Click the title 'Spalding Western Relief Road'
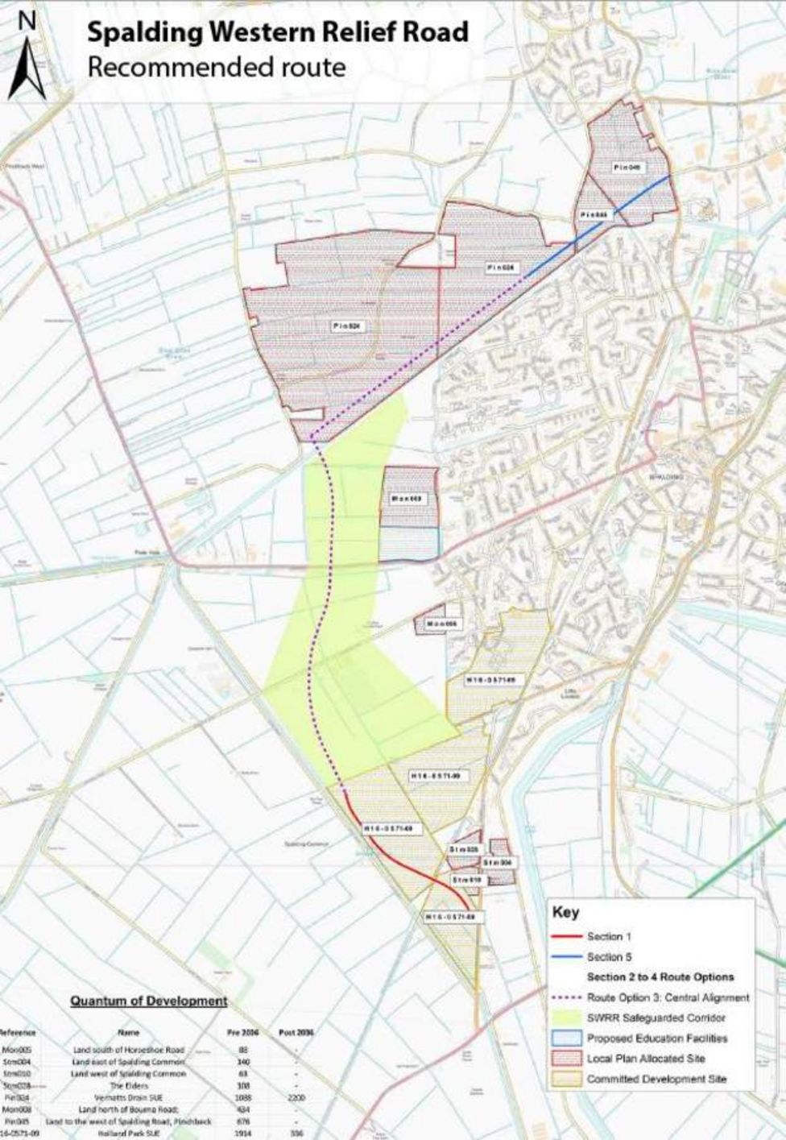coord(278,32)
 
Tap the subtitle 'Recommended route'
coord(216,68)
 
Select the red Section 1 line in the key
coord(566,937)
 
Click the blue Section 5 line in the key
coord(566,957)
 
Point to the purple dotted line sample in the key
coord(566,997)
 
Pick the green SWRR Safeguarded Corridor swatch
coord(566,1018)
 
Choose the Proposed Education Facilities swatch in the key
coord(566,1038)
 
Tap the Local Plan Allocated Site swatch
coord(566,1059)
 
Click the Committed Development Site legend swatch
coord(566,1079)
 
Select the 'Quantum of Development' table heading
coord(148,1001)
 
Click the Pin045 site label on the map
coord(596,215)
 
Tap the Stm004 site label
coord(498,863)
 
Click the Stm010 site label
coord(465,880)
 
